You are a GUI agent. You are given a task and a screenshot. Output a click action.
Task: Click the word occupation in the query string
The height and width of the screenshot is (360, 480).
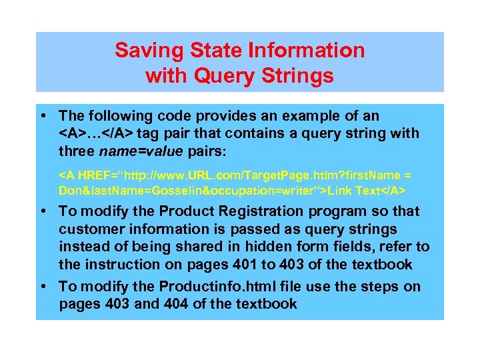pos(249,191)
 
